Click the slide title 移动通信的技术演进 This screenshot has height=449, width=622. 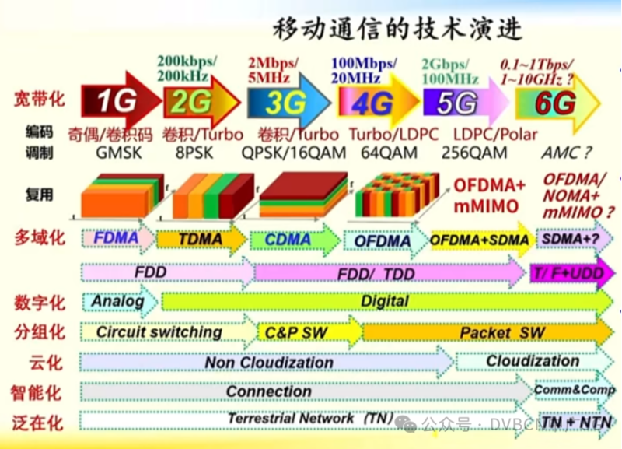[397, 30]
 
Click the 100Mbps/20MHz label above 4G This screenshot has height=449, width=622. [363, 69]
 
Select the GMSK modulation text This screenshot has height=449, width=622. [119, 153]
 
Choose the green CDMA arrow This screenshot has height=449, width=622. [289, 240]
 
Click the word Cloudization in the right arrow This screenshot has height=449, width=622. [533, 361]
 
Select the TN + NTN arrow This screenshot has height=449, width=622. [575, 421]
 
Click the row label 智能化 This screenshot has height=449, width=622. [37, 392]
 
